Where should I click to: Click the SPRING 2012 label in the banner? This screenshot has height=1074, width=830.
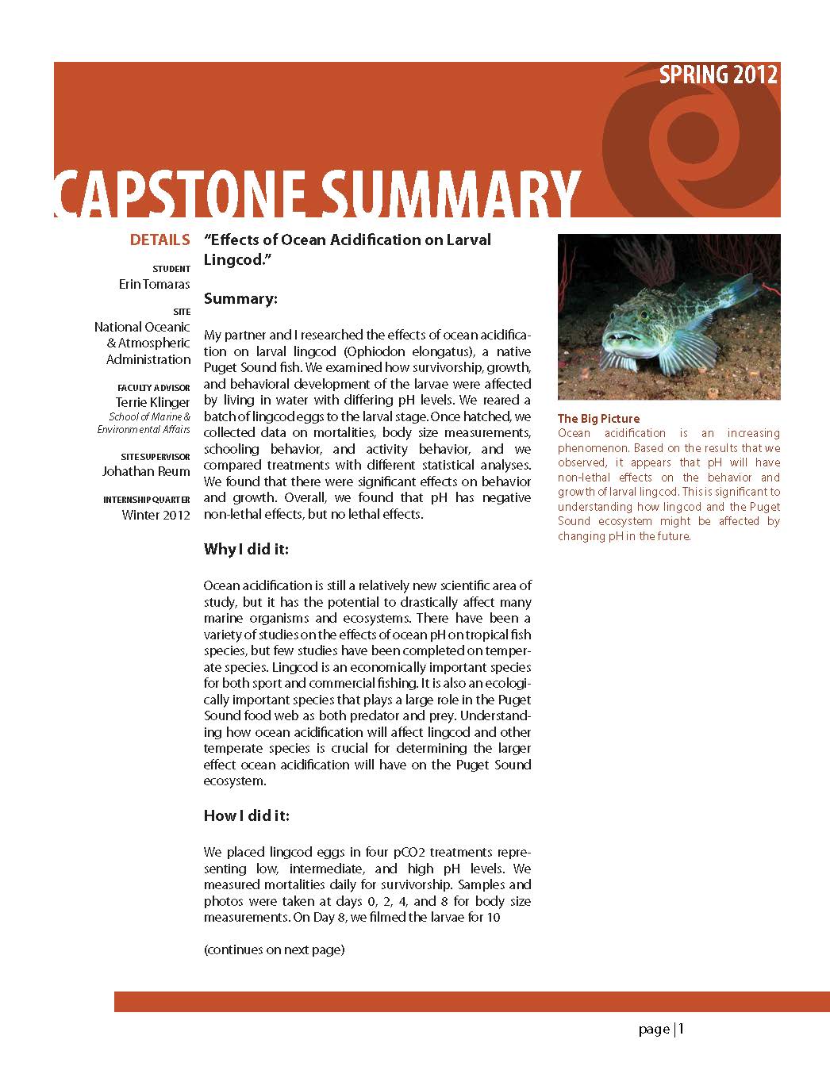718,75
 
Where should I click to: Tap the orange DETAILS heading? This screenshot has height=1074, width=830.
159,240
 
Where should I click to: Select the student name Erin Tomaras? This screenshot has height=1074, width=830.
154,284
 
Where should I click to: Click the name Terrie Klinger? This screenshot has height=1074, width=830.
152,402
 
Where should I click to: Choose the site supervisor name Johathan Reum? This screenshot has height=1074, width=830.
146,471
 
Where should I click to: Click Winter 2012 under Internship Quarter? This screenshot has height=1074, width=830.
156,515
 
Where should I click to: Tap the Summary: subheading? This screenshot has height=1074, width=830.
240,299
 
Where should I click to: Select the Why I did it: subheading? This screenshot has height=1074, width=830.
246,549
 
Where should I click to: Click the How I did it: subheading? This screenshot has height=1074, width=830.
247,815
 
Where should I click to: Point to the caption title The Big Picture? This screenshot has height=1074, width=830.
598,418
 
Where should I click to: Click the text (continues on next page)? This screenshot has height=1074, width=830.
274,949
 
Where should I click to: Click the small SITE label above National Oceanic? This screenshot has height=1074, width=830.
181,312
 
